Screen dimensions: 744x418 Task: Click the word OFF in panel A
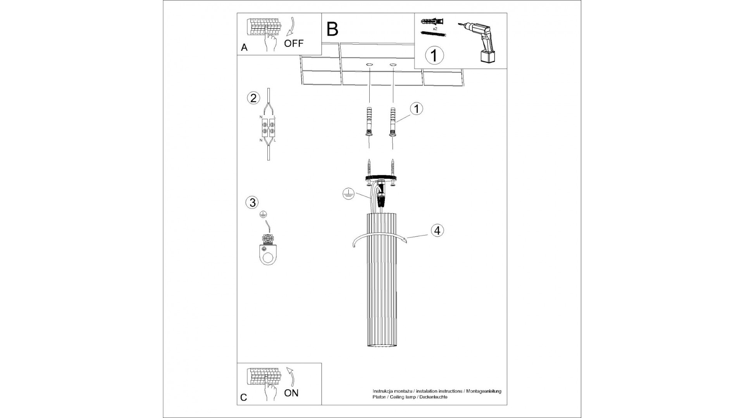294,43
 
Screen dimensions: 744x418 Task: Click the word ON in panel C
291,393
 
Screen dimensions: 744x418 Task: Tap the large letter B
332,29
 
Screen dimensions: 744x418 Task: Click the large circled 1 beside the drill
434,55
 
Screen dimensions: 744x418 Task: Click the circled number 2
253,98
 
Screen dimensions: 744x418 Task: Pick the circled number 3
252,202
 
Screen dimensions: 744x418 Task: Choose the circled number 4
437,230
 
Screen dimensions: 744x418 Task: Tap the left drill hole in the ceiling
369,64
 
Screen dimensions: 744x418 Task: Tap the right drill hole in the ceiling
393,64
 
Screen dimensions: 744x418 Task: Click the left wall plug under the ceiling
369,120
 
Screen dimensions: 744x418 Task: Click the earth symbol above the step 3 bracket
263,214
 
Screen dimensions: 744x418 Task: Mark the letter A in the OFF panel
244,48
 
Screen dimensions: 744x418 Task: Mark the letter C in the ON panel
244,397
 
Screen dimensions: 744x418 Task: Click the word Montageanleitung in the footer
484,391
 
